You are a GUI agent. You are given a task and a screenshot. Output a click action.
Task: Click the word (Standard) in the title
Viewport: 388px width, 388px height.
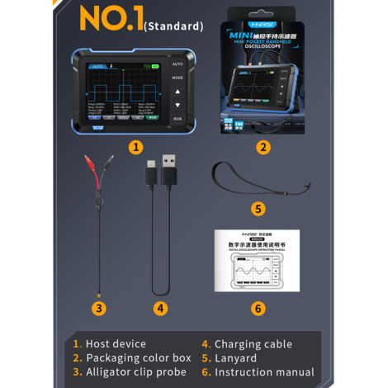coord(173,26)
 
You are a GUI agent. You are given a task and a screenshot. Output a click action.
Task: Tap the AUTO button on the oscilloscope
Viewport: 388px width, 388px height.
coord(177,64)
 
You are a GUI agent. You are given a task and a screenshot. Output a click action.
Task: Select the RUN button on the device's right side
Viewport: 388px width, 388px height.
coord(177,119)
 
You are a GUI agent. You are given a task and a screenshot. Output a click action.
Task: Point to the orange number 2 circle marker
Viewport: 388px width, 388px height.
coord(263,148)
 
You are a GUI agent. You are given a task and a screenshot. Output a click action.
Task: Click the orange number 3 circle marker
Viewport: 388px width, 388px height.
coord(99,308)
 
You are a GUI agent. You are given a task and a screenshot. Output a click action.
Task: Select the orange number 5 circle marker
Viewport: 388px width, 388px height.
coord(258,209)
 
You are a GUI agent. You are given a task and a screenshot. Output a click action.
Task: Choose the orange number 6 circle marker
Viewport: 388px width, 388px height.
coord(258,308)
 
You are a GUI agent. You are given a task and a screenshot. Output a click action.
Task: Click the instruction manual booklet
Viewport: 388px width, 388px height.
coord(257,260)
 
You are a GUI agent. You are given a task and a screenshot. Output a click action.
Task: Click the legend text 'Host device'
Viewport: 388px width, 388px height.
coord(116,343)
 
